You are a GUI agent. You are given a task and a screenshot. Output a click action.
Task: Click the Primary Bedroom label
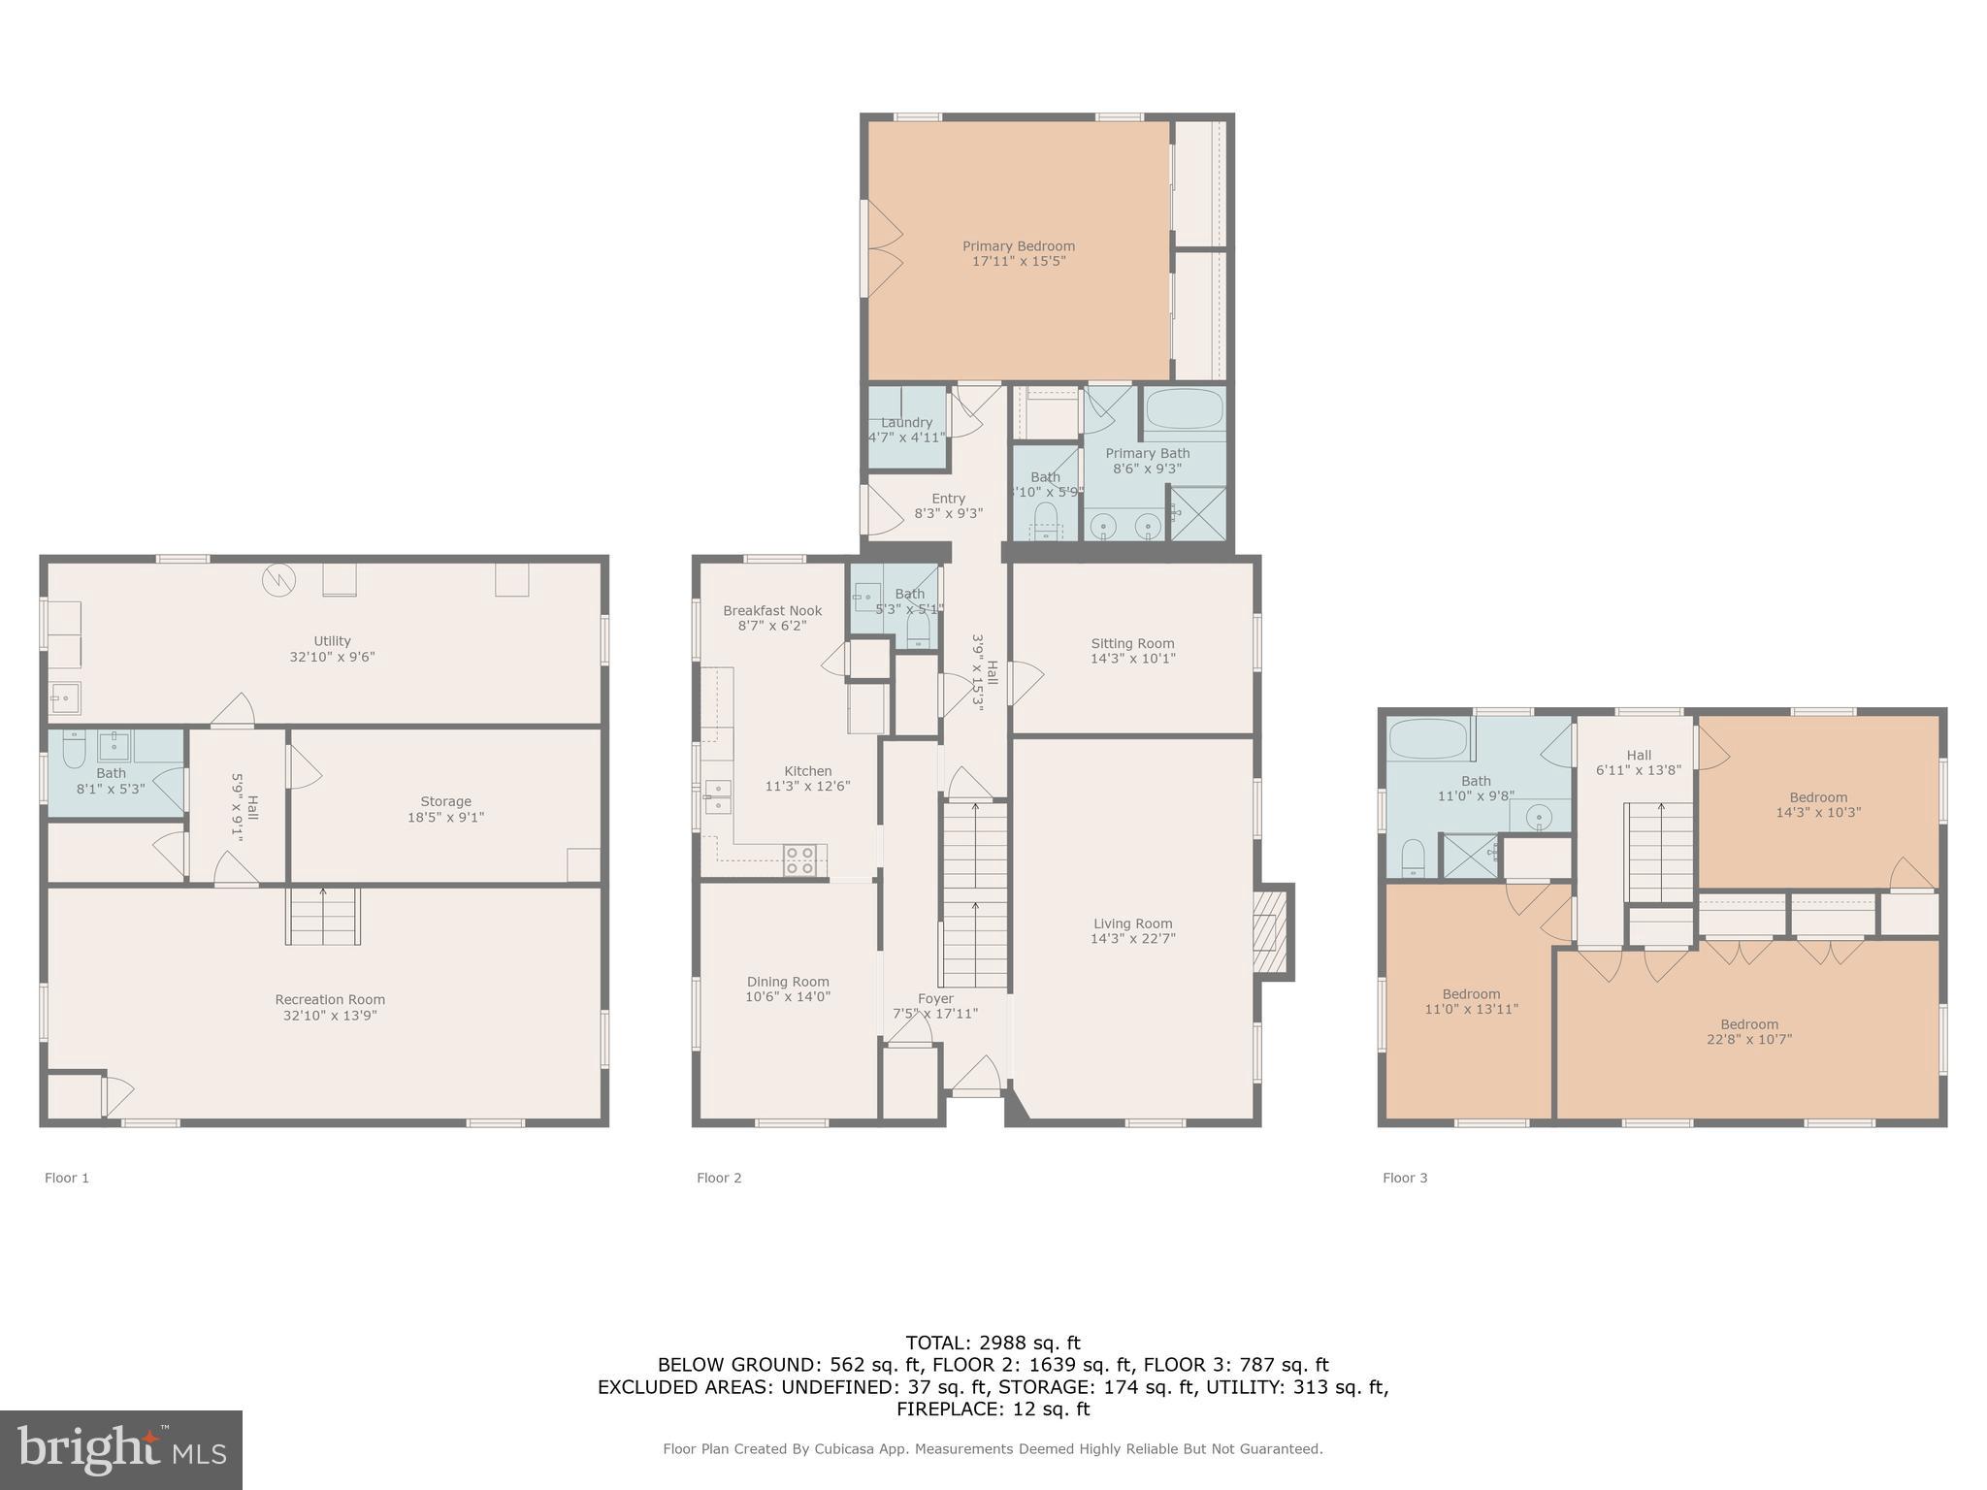coord(1018,246)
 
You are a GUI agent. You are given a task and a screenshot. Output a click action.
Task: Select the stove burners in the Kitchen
coord(799,860)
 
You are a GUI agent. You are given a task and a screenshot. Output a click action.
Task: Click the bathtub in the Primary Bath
coord(1184,412)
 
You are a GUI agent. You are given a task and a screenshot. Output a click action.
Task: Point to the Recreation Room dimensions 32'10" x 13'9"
coord(330,1016)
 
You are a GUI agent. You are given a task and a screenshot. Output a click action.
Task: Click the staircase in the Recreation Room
coord(323,917)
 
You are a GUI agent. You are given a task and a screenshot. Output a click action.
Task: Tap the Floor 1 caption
coord(67,1178)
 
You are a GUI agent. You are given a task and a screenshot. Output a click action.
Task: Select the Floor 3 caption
coord(1405,1178)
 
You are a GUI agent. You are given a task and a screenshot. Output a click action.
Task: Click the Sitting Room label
coord(1132,643)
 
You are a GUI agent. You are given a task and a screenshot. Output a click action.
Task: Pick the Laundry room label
coord(906,423)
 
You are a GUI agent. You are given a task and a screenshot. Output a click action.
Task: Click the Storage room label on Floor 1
coord(445,801)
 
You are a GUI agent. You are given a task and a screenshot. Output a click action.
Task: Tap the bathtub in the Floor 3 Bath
coord(1428,739)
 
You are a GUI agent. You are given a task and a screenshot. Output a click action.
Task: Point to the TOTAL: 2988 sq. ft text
coord(993,1343)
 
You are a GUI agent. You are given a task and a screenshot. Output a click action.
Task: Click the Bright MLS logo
coord(121,1449)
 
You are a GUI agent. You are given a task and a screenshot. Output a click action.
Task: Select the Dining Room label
coord(788,982)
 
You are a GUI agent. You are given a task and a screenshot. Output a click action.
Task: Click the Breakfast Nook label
coord(772,611)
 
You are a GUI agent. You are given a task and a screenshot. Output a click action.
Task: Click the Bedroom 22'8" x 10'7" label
coord(1749,1024)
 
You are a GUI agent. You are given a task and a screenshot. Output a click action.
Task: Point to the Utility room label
coord(332,641)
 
